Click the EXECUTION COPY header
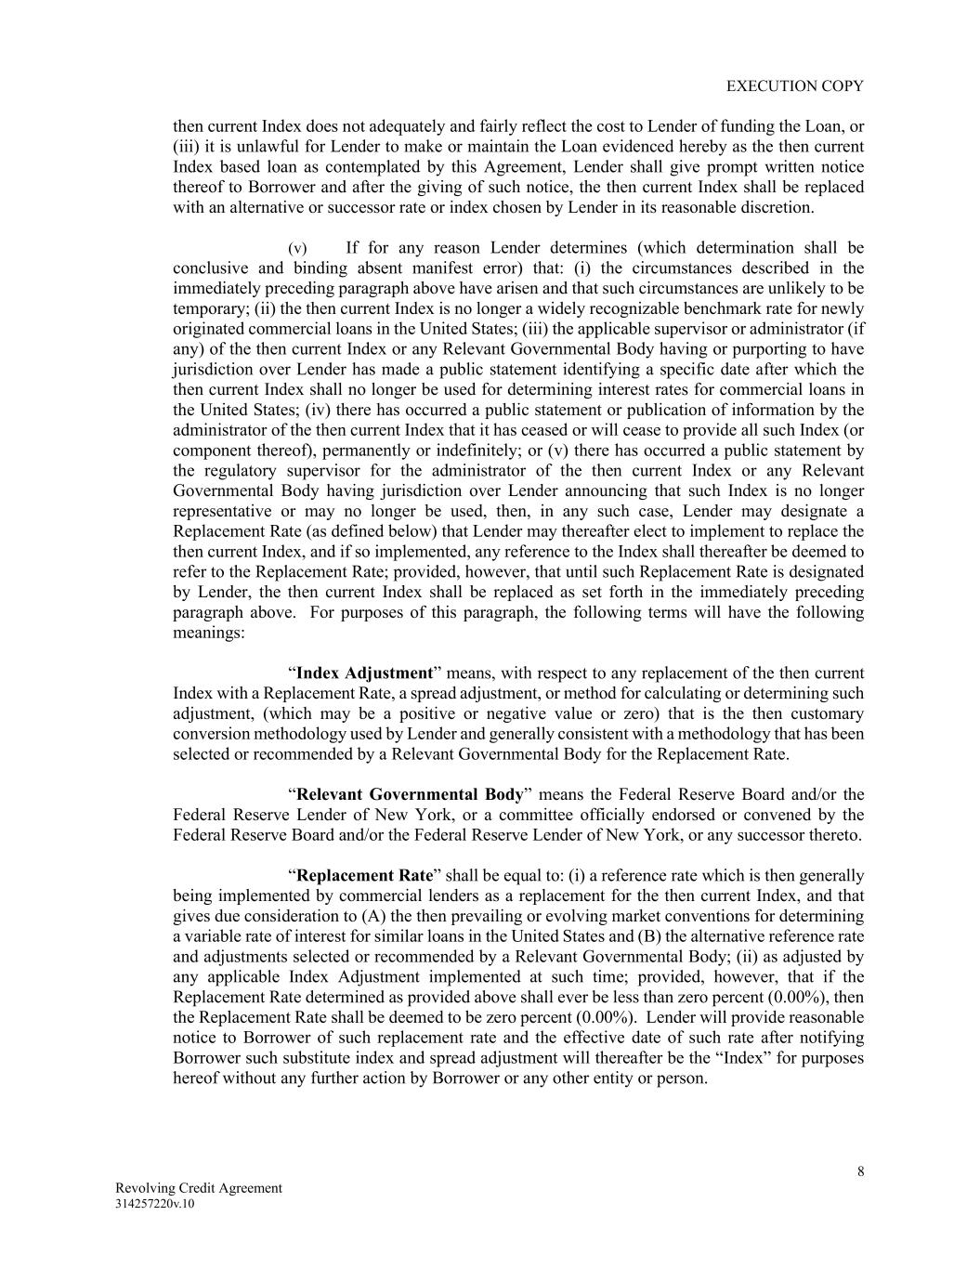pos(794,85)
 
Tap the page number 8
pos(860,1171)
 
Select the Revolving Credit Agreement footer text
pos(198,1188)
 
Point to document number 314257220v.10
pos(155,1204)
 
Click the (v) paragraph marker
pos(297,248)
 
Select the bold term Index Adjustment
pos(364,673)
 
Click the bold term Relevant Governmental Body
pos(410,794)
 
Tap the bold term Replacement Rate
pos(364,875)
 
